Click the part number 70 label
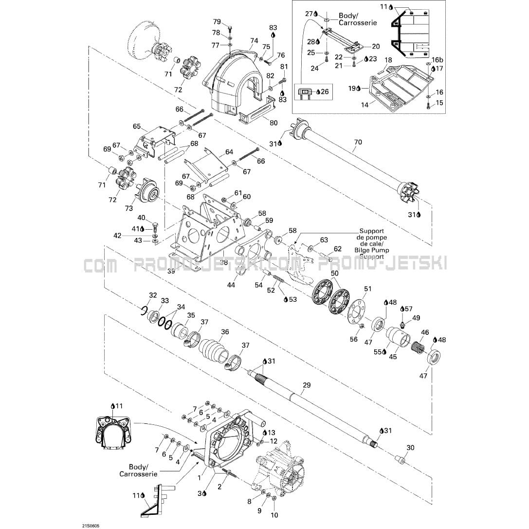358,143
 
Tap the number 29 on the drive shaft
306,385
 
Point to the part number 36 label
225,332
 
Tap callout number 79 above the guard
217,21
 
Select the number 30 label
410,448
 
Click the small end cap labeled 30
400,459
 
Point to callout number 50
334,274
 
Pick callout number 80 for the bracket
273,123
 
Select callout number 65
137,127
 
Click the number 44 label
231,285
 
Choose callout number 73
129,209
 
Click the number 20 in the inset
376,46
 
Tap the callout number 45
393,357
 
